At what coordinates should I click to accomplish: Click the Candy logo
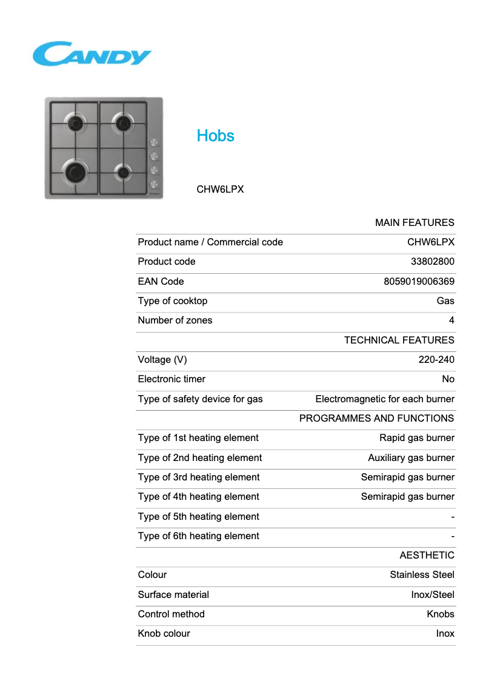point(92,54)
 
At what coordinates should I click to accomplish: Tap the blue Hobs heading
point(215,136)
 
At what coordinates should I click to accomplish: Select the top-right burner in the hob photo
point(123,123)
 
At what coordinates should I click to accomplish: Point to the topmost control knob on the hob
point(154,144)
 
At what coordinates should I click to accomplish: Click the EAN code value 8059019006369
point(419,281)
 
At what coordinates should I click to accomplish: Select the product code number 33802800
point(433,262)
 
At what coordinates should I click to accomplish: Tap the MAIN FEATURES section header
point(414,222)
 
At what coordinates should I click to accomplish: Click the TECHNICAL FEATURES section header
point(399,340)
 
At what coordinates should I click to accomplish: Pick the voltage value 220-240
point(436,360)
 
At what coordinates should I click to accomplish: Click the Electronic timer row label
point(171,379)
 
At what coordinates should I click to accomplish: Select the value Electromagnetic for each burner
point(385,399)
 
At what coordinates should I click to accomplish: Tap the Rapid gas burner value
point(417,438)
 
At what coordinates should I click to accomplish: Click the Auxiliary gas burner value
point(411,457)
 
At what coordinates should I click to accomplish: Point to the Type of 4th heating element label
point(198,497)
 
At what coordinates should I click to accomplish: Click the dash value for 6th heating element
point(453,536)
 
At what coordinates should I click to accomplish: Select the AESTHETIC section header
point(427,555)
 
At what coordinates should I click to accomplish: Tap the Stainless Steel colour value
point(422,575)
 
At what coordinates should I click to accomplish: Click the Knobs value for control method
point(440,614)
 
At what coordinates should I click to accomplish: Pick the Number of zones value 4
point(451,320)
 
